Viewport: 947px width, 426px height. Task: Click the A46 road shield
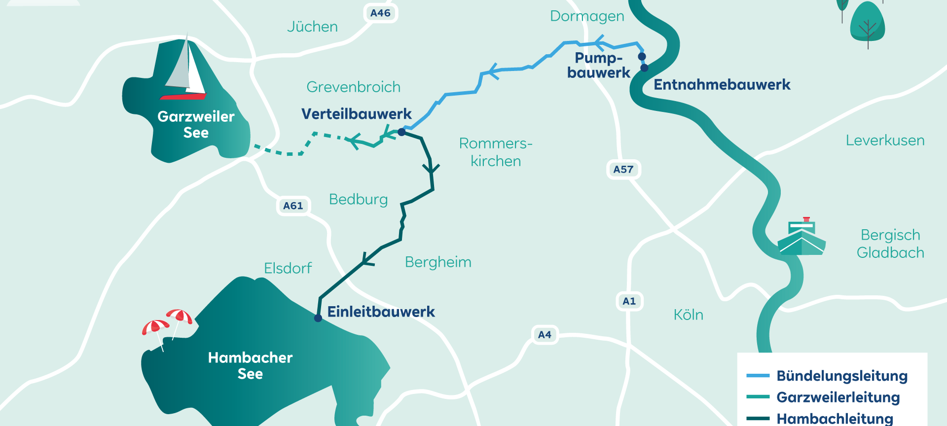point(380,13)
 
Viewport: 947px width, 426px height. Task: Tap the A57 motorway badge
point(623,170)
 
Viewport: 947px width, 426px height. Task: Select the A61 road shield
point(293,206)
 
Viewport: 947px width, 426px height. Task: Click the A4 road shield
point(545,335)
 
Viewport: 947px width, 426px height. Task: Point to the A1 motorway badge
point(629,301)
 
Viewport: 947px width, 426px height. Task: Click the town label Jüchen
point(312,27)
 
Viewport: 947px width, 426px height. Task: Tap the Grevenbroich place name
point(353,87)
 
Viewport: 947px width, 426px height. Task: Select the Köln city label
point(688,315)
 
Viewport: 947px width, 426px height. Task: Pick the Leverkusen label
point(885,141)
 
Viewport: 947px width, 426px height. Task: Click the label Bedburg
point(358,200)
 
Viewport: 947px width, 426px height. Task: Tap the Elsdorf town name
point(288,268)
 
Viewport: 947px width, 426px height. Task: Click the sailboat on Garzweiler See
point(185,69)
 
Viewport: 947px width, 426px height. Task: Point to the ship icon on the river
point(801,238)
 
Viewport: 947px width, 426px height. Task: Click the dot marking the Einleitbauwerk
point(318,319)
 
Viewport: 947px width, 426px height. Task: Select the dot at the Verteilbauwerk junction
point(401,132)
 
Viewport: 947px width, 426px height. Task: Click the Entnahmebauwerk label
point(722,85)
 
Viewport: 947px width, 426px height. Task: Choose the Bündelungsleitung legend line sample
point(758,376)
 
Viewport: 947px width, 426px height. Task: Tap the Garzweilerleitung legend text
point(838,397)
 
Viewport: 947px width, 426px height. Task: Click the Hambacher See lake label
point(250,365)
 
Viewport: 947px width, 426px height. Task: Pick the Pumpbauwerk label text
point(598,66)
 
